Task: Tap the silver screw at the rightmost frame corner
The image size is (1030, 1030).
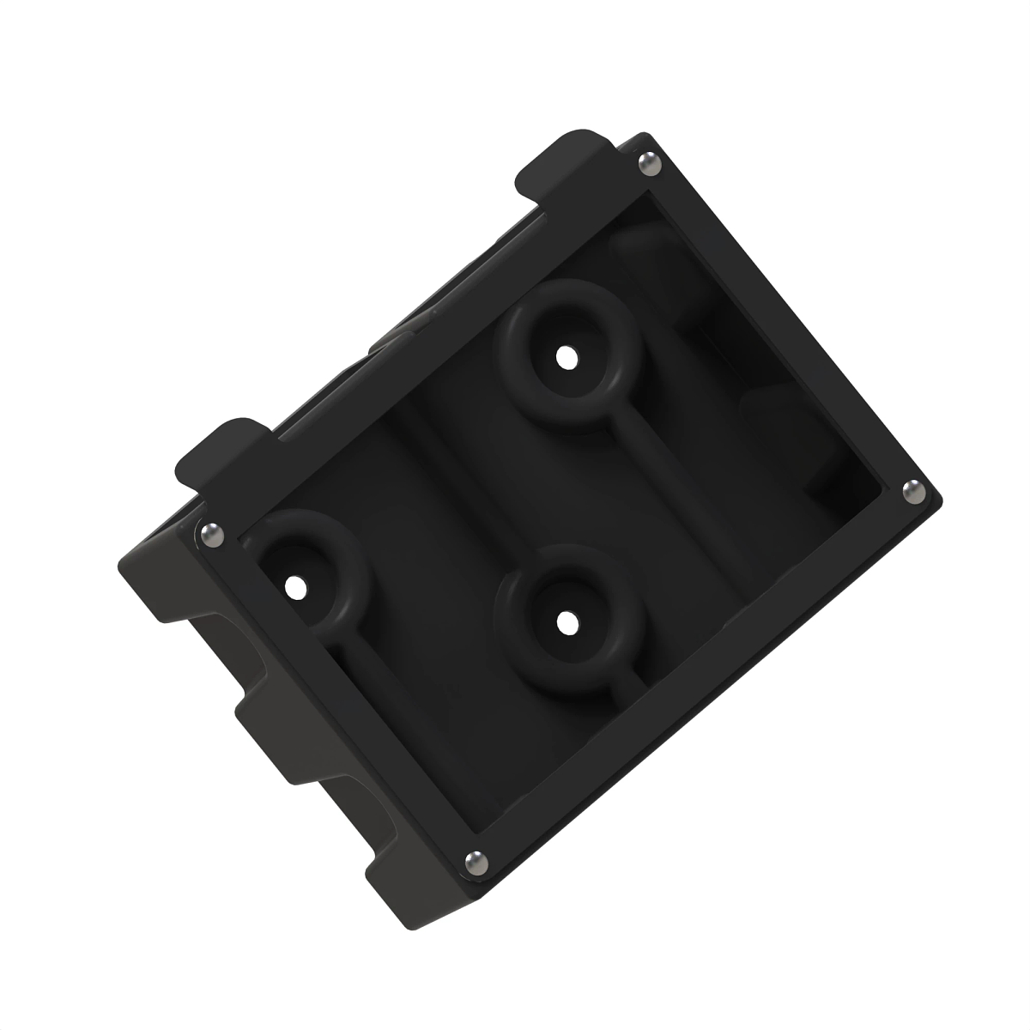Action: click(912, 491)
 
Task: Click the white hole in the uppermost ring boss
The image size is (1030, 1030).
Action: click(564, 354)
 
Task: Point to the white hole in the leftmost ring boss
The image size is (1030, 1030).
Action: click(294, 588)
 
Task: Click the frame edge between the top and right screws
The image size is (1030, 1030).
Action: click(785, 322)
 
